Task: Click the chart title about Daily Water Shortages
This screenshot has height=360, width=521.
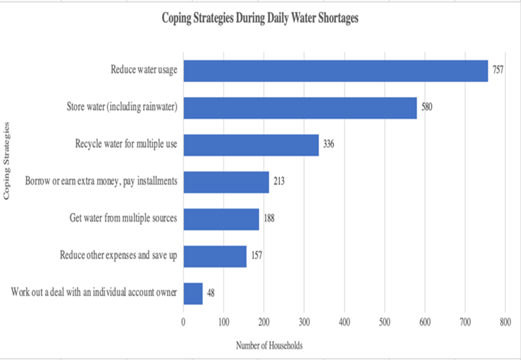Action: click(260, 18)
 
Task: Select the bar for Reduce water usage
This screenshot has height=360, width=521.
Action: click(336, 71)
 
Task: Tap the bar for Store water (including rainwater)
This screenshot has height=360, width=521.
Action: click(300, 108)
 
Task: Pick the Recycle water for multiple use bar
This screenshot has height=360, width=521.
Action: click(251, 145)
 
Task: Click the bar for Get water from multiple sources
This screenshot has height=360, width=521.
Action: click(221, 219)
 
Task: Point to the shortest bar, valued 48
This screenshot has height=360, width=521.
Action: click(193, 293)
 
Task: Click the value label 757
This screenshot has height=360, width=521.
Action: click(498, 70)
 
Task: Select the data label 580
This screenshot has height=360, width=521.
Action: click(427, 107)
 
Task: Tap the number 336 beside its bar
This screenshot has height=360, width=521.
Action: click(328, 144)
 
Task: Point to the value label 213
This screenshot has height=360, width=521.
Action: click(279, 181)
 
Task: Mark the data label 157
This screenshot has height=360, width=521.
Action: click(256, 255)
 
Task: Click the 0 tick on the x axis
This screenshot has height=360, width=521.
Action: click(184, 322)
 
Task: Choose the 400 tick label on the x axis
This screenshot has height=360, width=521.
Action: click(344, 322)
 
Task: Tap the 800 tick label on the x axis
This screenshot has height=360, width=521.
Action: click(505, 322)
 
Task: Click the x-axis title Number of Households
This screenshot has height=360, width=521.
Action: click(269, 345)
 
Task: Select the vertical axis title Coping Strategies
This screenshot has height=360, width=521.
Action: click(7, 161)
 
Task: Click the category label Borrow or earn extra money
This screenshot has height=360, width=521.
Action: click(101, 181)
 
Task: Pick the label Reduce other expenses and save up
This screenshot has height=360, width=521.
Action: click(119, 255)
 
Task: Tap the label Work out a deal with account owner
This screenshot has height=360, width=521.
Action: click(94, 292)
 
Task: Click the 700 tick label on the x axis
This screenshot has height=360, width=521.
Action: click(465, 322)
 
